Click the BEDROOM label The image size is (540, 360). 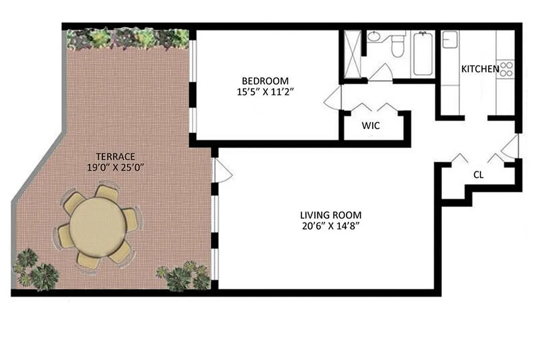click(265, 81)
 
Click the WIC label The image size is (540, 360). click(370, 126)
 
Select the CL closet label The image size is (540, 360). click(478, 175)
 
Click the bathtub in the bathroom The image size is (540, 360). click(423, 54)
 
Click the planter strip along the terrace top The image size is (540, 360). click(128, 39)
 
